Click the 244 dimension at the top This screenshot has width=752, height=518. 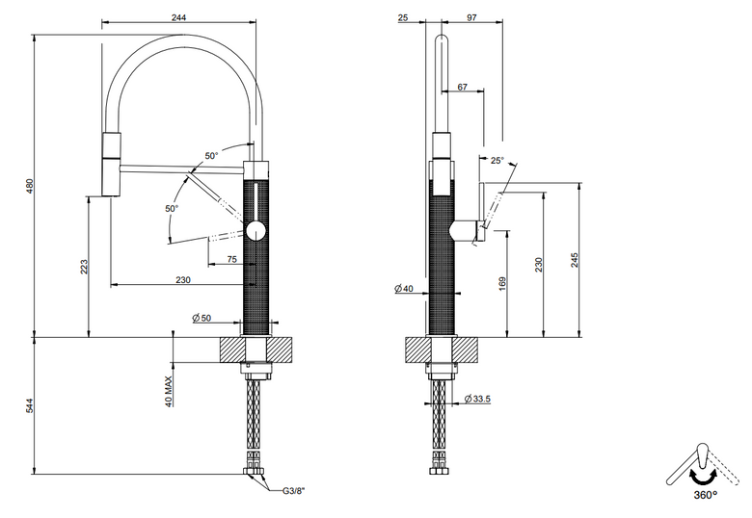(178, 17)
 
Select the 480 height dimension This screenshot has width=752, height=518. (30, 186)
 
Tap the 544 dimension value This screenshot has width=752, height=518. (30, 406)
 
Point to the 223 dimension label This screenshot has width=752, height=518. (84, 267)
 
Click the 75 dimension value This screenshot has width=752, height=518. (232, 259)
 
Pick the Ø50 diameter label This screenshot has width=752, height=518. (201, 318)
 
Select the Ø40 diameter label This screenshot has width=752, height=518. (403, 288)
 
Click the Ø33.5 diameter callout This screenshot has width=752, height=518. (477, 399)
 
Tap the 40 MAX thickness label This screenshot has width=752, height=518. (169, 392)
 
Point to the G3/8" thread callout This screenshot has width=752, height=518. (293, 490)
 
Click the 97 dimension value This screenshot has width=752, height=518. (471, 17)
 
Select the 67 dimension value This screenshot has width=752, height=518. (463, 87)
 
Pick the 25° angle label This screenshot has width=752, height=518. (497, 161)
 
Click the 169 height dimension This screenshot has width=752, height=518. (502, 283)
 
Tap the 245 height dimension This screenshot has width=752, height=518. (575, 260)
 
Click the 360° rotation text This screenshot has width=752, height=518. (705, 495)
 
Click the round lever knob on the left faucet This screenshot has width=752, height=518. (255, 231)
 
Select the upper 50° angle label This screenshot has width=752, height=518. (211, 156)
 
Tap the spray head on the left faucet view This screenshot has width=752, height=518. (111, 165)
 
